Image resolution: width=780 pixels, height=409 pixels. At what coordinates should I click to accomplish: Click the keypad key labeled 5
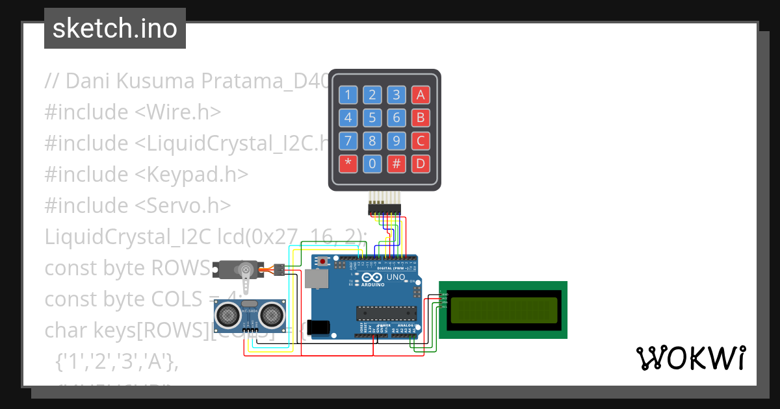372,118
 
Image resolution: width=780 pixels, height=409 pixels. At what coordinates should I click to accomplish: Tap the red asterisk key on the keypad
348,164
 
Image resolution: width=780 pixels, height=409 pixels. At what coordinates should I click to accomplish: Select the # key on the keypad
396,164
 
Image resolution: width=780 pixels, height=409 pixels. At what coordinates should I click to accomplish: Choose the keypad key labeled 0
372,164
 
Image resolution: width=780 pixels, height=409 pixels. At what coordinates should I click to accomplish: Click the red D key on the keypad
421,164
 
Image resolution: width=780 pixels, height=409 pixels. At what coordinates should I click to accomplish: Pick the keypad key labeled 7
348,141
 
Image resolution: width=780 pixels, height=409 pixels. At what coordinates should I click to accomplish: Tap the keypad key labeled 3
396,95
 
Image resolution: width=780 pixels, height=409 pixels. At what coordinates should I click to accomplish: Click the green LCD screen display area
503,310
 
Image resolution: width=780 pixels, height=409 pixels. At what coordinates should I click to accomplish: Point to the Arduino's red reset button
323,262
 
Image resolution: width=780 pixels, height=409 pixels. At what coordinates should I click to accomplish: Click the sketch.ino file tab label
115,29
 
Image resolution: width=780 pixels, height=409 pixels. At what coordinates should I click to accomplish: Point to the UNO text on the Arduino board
396,277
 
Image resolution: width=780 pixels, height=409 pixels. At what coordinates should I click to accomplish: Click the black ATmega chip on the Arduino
385,313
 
